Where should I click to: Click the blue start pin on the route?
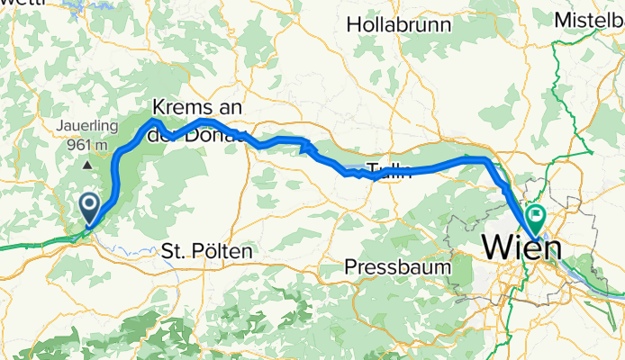(91, 207)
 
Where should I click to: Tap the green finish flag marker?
(536, 217)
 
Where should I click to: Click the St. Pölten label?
(206, 251)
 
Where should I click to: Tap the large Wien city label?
(520, 245)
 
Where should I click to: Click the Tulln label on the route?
(389, 173)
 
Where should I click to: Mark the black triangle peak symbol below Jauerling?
(87, 166)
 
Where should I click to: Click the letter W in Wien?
(495, 245)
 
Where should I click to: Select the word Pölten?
(224, 251)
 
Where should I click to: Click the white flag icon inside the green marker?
(537, 214)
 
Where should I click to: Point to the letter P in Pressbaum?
(352, 266)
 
